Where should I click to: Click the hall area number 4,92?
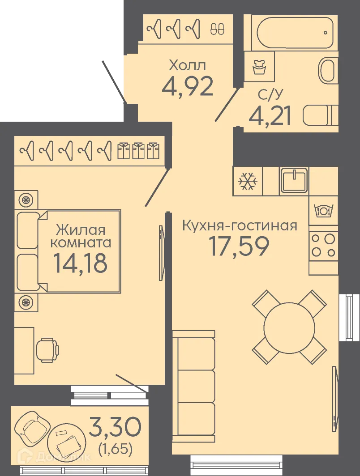(x=187, y=87)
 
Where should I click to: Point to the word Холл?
(x=187, y=66)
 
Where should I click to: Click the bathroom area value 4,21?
(x=270, y=115)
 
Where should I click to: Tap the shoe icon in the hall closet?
(x=218, y=29)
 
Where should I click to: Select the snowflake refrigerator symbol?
(x=247, y=181)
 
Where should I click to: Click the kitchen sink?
(x=294, y=180)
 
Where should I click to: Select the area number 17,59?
(x=239, y=246)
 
